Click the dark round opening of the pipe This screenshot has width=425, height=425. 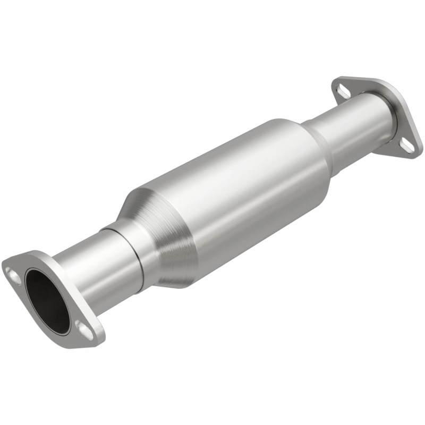pos(48,301)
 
